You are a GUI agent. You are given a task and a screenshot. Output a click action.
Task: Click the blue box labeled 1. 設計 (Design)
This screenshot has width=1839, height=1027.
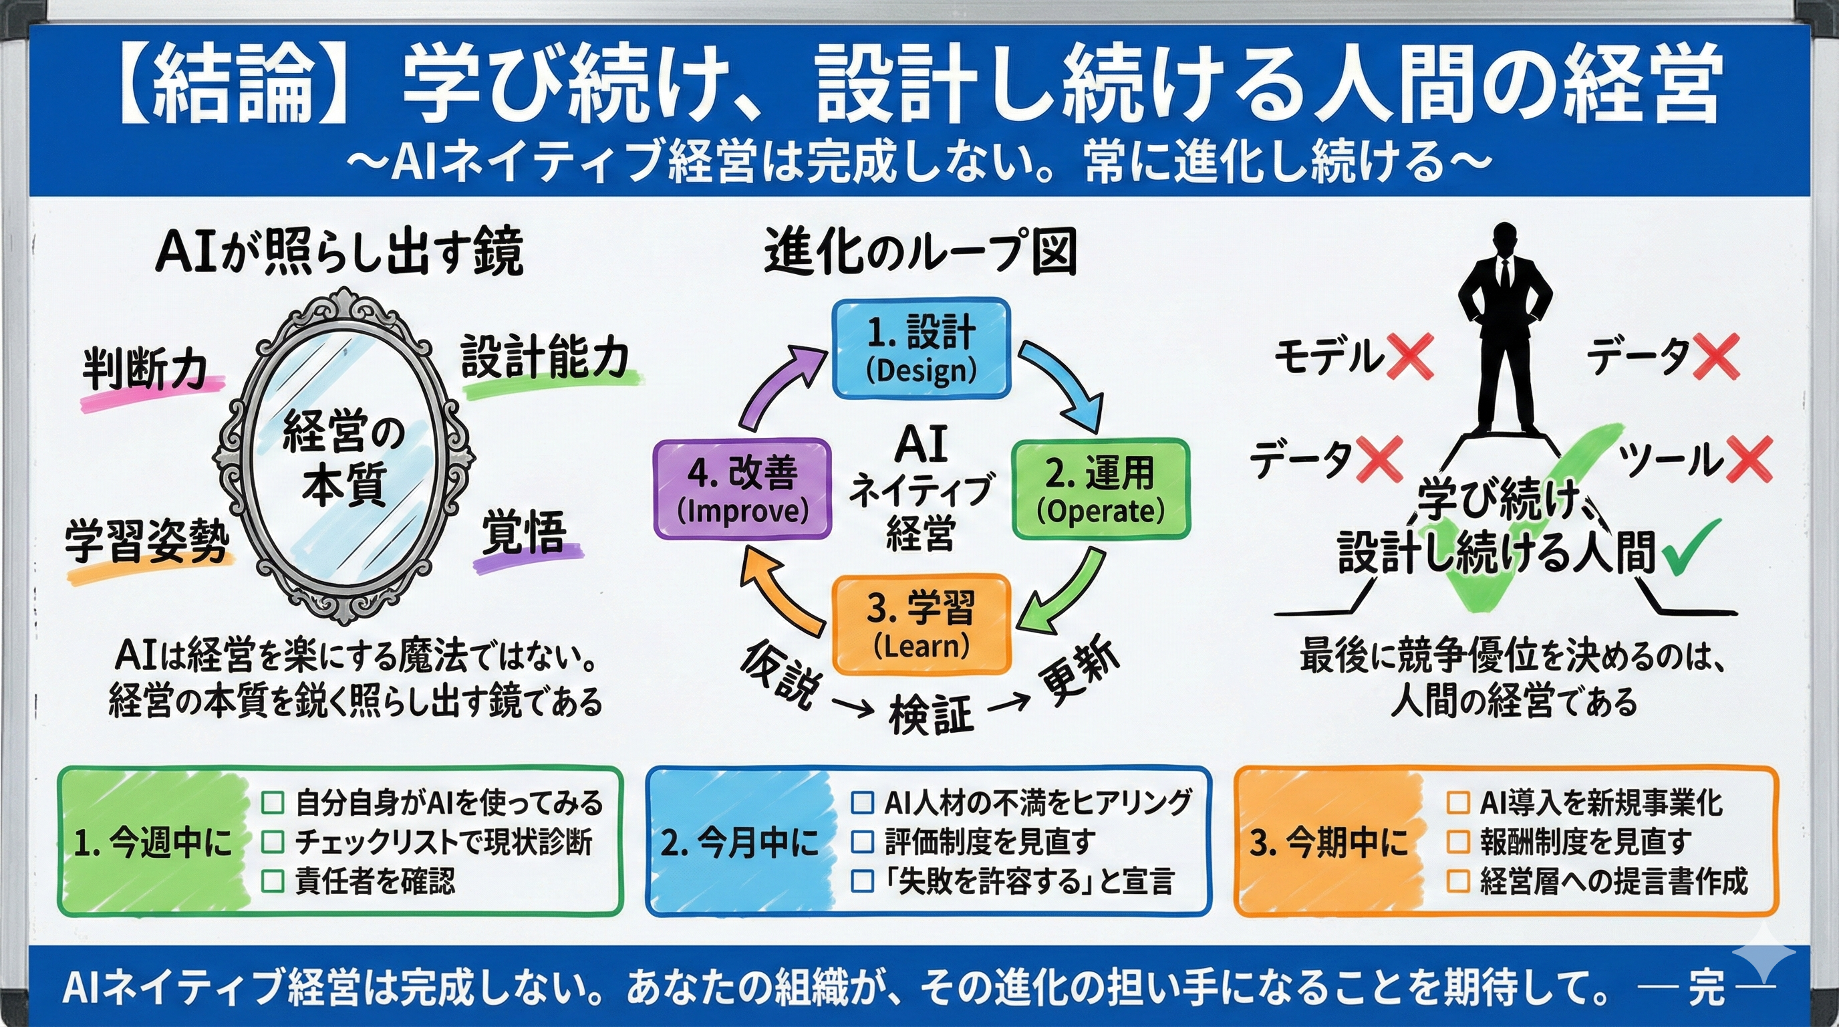tap(921, 348)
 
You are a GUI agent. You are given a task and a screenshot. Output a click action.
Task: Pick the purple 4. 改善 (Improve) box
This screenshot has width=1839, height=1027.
tap(742, 489)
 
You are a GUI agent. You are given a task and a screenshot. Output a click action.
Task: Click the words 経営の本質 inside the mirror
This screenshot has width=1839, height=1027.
tap(344, 457)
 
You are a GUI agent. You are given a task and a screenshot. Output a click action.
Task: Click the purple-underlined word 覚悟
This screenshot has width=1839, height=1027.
tap(524, 533)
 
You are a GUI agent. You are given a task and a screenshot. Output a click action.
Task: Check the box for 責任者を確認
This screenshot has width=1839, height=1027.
tap(273, 881)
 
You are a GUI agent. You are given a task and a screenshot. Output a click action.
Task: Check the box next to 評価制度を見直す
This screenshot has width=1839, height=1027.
tap(863, 842)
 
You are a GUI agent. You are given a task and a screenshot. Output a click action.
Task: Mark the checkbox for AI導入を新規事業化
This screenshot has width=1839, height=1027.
tap(1458, 803)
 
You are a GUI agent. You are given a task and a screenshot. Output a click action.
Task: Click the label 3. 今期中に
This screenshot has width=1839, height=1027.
tap(1328, 842)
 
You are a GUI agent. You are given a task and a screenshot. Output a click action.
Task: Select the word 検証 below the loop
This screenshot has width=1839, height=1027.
tap(931, 714)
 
